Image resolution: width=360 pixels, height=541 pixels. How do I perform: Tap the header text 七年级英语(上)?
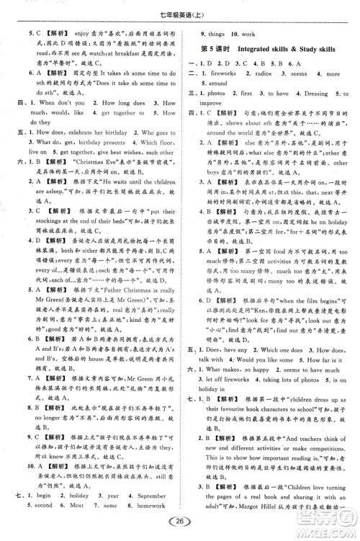pos(179,9)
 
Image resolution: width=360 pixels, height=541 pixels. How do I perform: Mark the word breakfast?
pos(137,53)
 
